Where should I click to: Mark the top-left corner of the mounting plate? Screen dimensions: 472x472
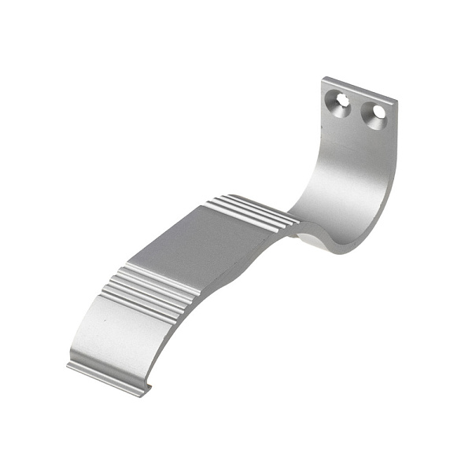(x=324, y=78)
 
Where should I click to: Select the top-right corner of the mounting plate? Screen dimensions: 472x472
(x=396, y=101)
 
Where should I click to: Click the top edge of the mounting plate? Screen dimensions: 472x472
(x=360, y=89)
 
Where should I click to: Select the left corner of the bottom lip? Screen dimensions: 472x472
(x=68, y=365)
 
